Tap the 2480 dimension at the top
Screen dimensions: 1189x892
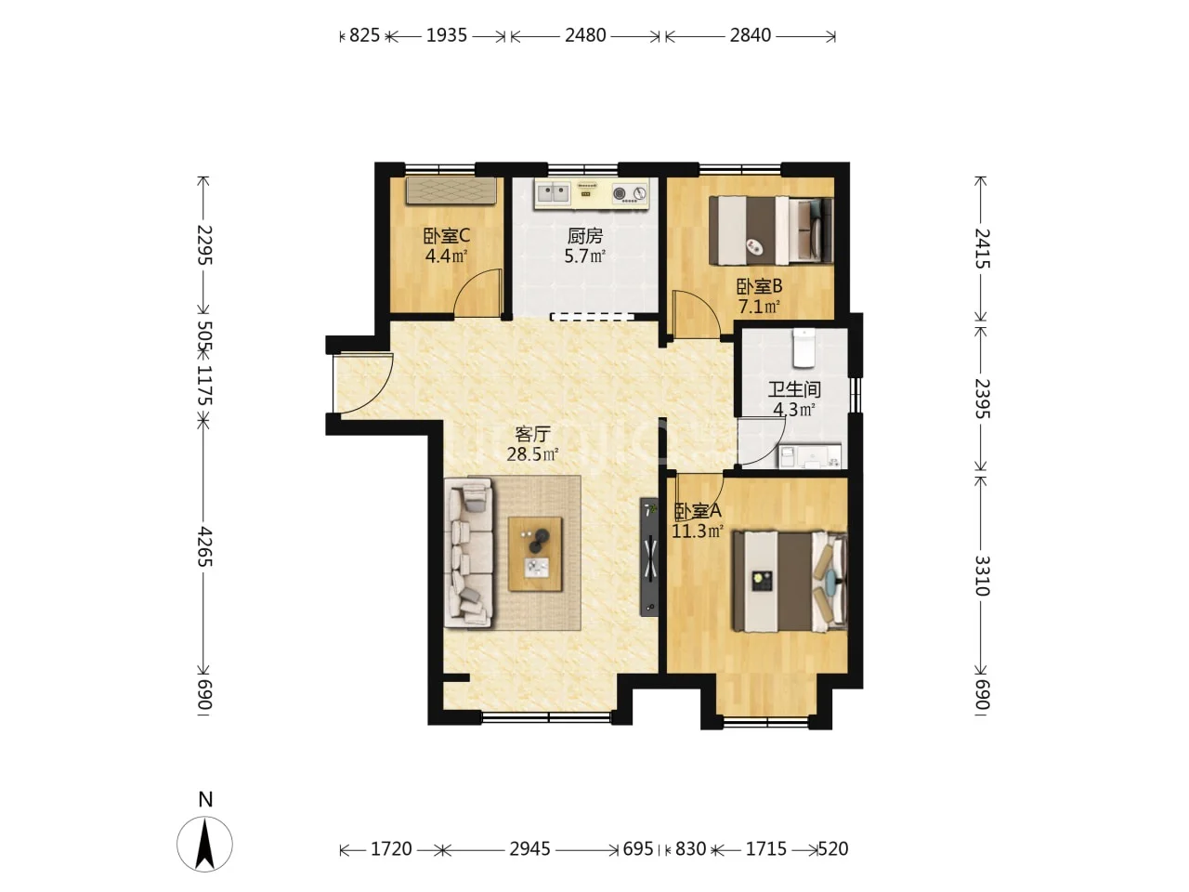click(x=585, y=35)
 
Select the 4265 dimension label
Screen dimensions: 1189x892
click(x=204, y=546)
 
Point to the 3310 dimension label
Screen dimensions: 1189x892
click(x=982, y=575)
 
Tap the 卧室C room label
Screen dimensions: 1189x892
click(x=447, y=236)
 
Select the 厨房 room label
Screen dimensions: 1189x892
click(x=585, y=236)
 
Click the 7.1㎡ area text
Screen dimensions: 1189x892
click(x=759, y=307)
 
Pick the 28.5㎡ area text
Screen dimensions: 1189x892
click(x=532, y=453)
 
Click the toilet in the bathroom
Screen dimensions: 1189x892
click(x=804, y=348)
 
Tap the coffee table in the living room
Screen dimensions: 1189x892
click(x=535, y=554)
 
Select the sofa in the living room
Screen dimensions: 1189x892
click(x=469, y=551)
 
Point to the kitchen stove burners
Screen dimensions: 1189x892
click(x=630, y=193)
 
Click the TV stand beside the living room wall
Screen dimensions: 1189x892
click(x=649, y=557)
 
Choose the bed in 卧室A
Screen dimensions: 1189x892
click(x=790, y=582)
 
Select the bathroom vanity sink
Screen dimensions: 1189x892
click(x=810, y=456)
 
